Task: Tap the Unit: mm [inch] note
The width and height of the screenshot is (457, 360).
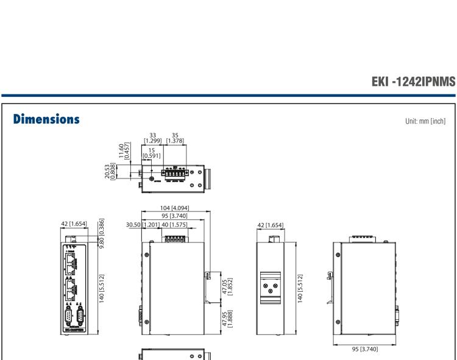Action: [424, 121]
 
